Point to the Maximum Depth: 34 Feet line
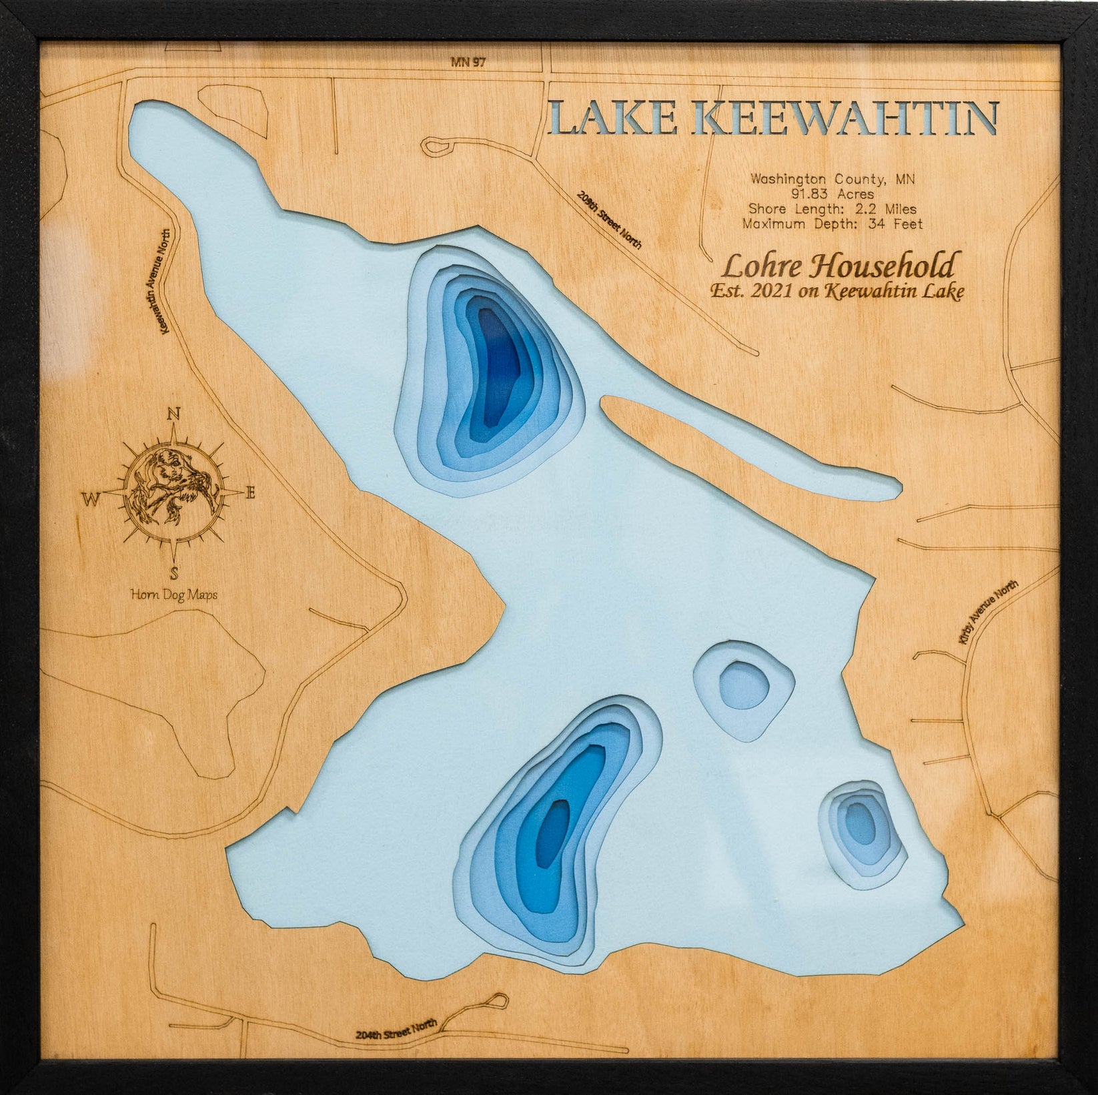click(x=833, y=224)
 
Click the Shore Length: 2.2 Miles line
click(x=833, y=210)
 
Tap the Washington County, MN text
click(x=833, y=179)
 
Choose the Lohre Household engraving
click(x=838, y=266)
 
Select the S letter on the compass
click(x=174, y=572)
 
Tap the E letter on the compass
click(x=251, y=494)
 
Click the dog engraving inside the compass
click(x=173, y=490)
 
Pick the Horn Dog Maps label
click(x=174, y=595)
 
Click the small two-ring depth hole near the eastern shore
click(x=744, y=687)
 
